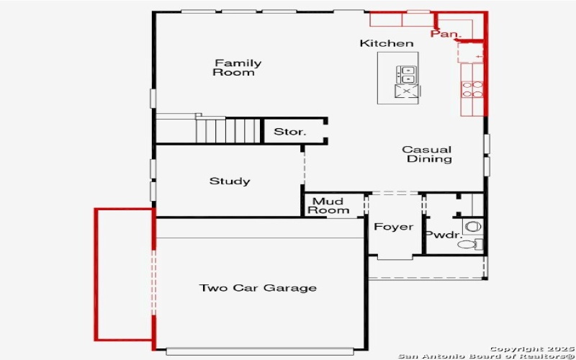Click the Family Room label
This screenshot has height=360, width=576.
click(237, 68)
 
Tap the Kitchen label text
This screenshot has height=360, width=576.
click(387, 44)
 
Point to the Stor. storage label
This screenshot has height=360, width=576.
click(290, 132)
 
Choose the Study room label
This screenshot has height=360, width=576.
click(230, 181)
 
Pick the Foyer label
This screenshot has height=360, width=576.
click(393, 228)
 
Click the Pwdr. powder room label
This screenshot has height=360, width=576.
click(438, 235)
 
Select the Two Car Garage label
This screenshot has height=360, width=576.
click(258, 288)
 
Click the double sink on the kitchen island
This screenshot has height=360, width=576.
click(407, 73)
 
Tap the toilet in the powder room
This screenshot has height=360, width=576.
click(468, 245)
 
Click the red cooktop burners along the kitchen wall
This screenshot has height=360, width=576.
click(472, 89)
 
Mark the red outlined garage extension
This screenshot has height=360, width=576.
click(124, 274)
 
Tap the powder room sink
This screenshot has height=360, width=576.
click(472, 226)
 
